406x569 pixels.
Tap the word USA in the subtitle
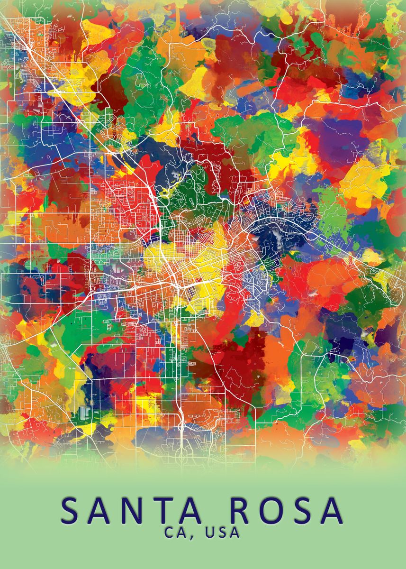point(222,532)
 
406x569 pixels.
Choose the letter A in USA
point(235,532)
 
